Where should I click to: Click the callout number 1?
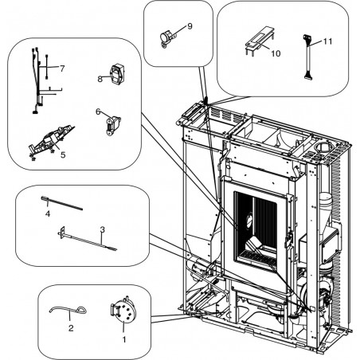(x=124, y=339)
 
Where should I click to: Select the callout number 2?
(x=71, y=328)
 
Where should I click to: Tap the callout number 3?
(x=103, y=229)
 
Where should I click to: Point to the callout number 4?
(x=48, y=213)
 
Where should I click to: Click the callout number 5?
(x=63, y=155)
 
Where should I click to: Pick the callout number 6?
(x=98, y=112)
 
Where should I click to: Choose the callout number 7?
(x=62, y=68)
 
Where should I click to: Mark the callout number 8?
(x=100, y=79)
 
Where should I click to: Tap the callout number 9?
(x=190, y=26)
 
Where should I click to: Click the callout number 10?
(x=276, y=53)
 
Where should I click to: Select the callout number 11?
(x=327, y=41)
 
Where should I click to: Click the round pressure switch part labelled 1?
(x=121, y=311)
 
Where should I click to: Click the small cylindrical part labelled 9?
(x=167, y=38)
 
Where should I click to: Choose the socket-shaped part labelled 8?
(x=117, y=72)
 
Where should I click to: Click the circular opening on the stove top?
(x=321, y=147)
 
